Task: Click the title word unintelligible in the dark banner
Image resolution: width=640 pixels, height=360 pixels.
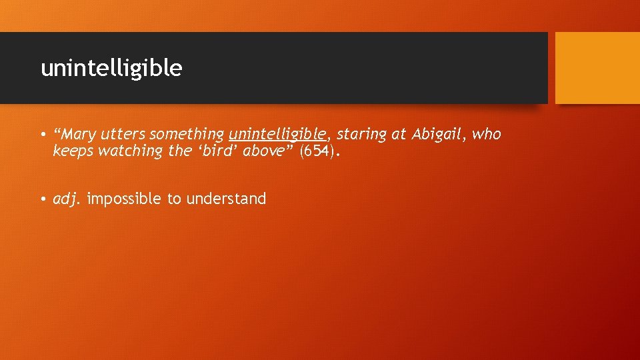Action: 111,68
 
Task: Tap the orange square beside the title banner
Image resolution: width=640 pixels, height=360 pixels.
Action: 597,68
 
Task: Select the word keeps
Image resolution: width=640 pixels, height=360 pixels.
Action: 73,152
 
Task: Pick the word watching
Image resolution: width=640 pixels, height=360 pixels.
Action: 130,151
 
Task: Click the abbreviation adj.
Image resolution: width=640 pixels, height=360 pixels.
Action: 66,199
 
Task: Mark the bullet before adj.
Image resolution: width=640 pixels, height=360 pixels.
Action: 42,199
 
